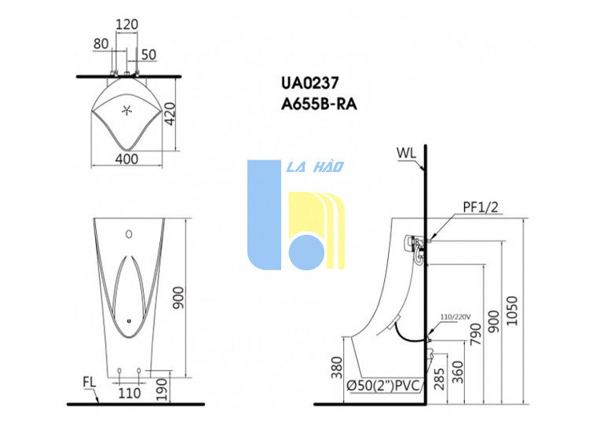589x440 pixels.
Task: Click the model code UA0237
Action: click(x=310, y=83)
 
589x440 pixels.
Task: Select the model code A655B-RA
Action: click(x=319, y=104)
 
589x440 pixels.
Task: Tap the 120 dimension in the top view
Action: click(x=126, y=24)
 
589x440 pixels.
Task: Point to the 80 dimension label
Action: click(x=101, y=44)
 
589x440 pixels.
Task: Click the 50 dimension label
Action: click(x=148, y=55)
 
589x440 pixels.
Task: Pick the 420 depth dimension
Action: click(x=170, y=114)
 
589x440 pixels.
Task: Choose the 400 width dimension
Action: click(x=126, y=159)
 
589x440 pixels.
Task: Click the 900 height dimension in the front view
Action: click(x=178, y=298)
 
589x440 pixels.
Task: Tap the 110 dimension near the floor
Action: click(x=130, y=393)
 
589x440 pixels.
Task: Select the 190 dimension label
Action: click(x=161, y=389)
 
